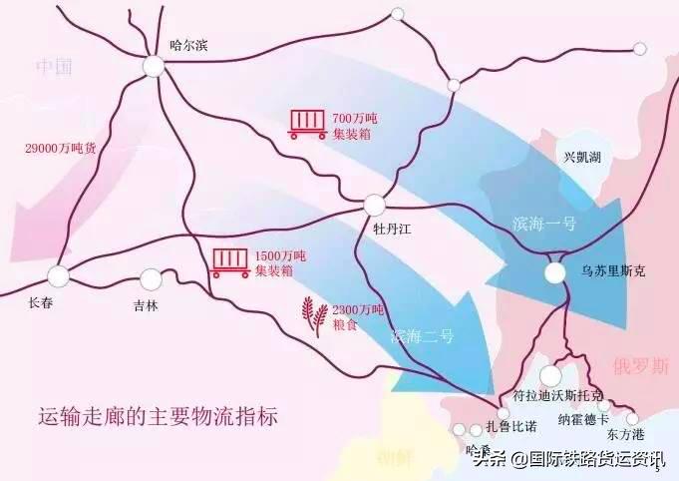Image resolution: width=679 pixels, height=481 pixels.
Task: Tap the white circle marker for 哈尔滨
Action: (154, 66)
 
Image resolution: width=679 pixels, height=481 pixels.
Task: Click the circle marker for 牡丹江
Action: (374, 205)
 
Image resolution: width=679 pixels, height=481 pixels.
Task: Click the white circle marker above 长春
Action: (59, 275)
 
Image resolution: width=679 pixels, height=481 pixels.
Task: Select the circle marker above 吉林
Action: (151, 279)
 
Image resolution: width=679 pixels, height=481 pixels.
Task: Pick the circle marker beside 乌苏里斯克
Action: (555, 272)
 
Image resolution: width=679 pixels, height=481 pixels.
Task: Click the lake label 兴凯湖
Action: (582, 157)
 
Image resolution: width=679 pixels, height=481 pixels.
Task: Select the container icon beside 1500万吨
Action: (230, 262)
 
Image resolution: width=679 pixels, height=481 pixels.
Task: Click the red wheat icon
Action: (314, 317)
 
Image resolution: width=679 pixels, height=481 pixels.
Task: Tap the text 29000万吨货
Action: (60, 147)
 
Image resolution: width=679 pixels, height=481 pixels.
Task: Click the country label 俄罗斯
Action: (641, 366)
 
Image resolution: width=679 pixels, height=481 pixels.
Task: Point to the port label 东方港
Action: (625, 436)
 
